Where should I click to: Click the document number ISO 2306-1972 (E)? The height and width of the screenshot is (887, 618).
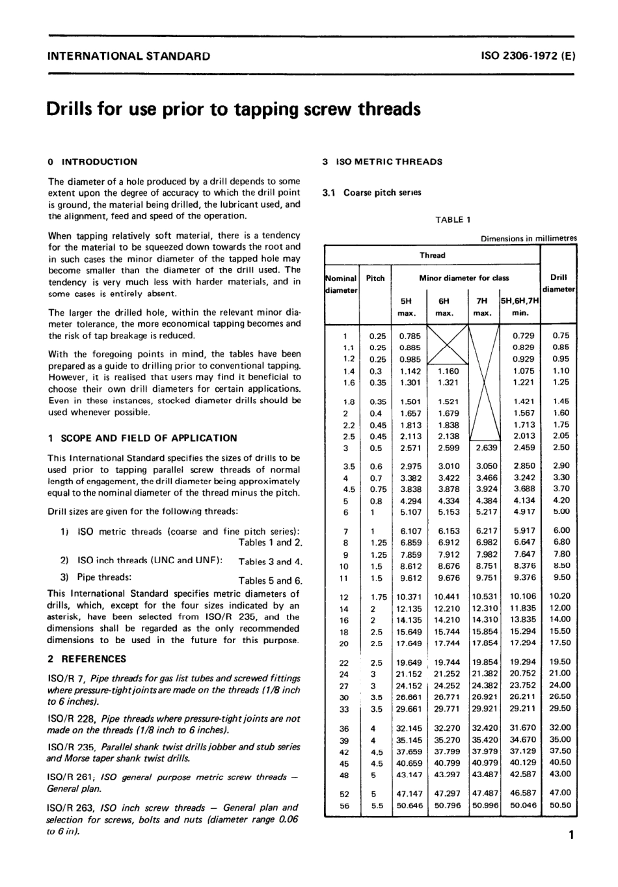[528, 56]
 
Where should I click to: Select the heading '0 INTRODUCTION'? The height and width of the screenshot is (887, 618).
[92, 162]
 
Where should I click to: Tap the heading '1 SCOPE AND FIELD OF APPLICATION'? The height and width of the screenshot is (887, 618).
[142, 438]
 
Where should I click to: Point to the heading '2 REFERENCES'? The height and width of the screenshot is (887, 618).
[87, 659]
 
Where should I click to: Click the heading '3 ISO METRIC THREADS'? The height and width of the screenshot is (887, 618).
[382, 162]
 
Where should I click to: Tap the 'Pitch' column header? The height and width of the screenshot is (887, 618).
[375, 278]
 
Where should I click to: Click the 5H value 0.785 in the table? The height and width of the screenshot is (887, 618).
[410, 336]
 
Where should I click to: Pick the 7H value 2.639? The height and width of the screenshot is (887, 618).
[486, 448]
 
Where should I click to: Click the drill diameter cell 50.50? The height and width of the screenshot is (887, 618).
[559, 805]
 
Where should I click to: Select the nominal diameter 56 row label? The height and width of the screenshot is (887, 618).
[344, 806]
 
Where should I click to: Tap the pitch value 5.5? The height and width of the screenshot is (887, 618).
[376, 806]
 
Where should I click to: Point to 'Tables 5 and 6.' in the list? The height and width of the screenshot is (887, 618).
[270, 580]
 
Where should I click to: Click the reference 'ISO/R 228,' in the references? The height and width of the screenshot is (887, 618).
[72, 718]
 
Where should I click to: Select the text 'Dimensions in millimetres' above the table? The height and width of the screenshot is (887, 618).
[528, 239]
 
